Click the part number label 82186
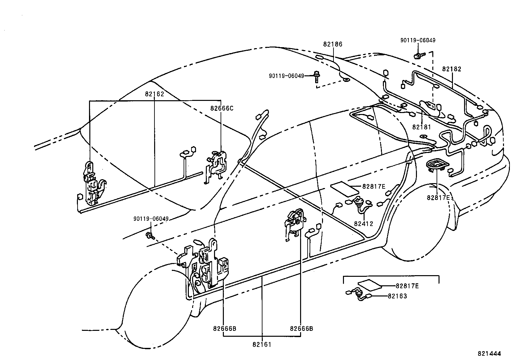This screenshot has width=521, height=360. [332, 44]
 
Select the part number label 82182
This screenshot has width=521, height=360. [451, 69]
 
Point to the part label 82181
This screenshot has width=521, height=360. [422, 127]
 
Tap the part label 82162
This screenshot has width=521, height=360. [154, 94]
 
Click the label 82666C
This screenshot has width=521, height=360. [222, 108]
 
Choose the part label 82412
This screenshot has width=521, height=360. [363, 224]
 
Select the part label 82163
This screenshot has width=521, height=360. [397, 296]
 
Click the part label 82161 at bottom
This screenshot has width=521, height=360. [262, 344]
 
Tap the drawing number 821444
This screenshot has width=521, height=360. [490, 354]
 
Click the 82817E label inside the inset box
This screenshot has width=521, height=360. [407, 286]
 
